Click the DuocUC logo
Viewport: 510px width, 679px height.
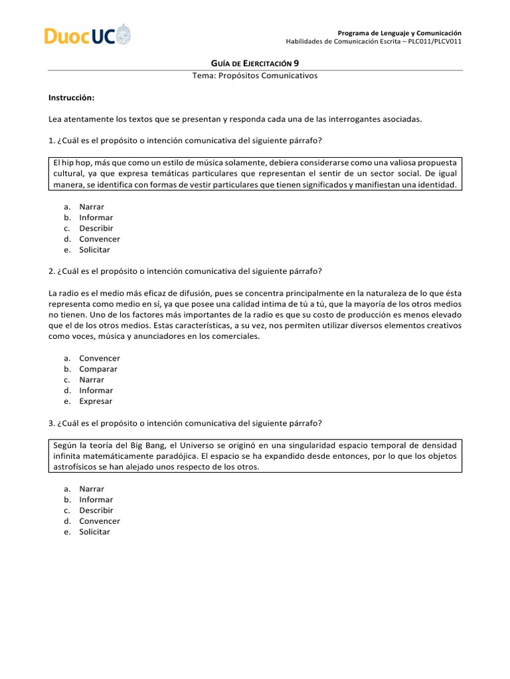tap(87, 34)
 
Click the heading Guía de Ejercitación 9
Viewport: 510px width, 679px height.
tap(254, 64)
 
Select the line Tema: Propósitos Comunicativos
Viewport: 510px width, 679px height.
tap(255, 76)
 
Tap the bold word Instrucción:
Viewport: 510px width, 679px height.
tap(72, 97)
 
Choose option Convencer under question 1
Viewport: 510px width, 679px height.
tap(100, 239)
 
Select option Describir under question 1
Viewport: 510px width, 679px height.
tap(96, 228)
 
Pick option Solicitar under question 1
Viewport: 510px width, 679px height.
tap(94, 250)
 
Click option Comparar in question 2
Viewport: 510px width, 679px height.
tap(98, 369)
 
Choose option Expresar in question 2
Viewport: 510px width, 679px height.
tap(96, 401)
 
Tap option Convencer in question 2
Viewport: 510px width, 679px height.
tap(100, 358)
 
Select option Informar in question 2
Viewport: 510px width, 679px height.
tap(96, 391)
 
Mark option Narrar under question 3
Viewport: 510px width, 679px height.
tap(92, 489)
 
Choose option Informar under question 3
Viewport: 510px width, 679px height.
tap(96, 499)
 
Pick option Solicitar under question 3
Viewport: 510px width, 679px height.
tap(94, 532)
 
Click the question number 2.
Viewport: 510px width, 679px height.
tap(51, 271)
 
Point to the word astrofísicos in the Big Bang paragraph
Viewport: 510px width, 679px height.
tap(78, 467)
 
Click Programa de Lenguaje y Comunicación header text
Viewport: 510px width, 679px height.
tap(399, 33)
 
